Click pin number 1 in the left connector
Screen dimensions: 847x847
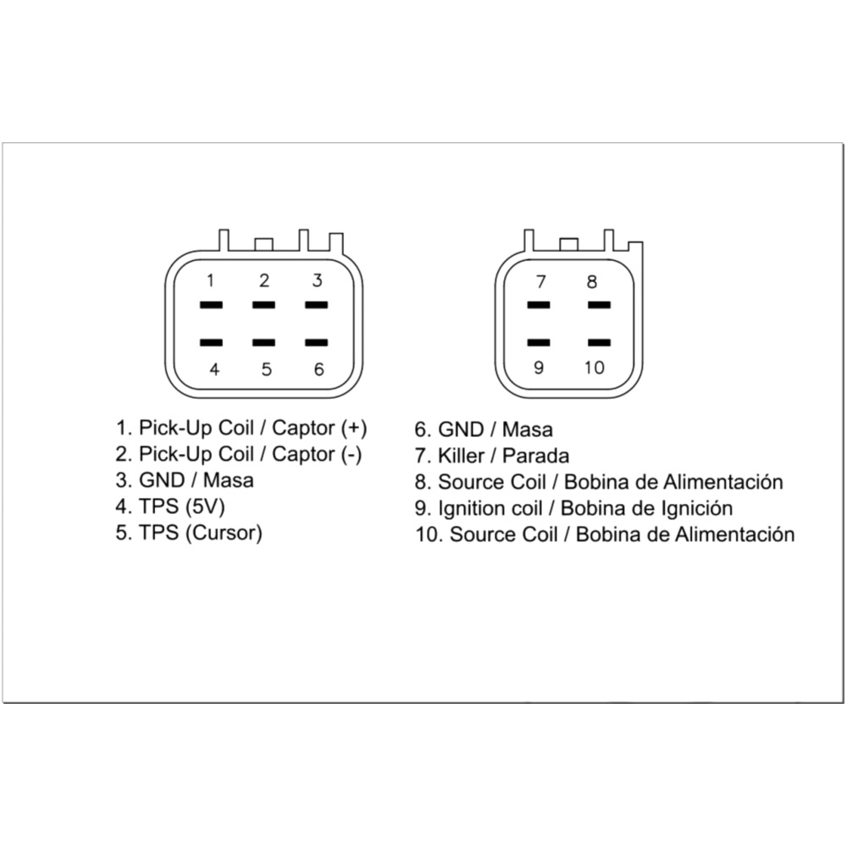[211, 280]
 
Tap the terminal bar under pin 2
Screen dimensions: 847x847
[263, 305]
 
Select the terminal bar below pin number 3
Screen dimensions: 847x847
[316, 305]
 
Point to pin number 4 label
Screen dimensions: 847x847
[214, 369]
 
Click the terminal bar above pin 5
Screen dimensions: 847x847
[263, 343]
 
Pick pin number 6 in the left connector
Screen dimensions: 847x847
[318, 369]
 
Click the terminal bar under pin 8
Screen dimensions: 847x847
[599, 305]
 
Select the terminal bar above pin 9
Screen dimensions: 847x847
[538, 343]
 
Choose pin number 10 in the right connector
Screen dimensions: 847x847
[595, 368]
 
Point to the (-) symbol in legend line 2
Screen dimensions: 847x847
[352, 454]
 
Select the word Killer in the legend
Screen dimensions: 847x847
[462, 455]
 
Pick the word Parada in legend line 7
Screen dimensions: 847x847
[535, 455]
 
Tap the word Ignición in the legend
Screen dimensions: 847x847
[694, 508]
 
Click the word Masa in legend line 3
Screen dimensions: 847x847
[229, 480]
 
